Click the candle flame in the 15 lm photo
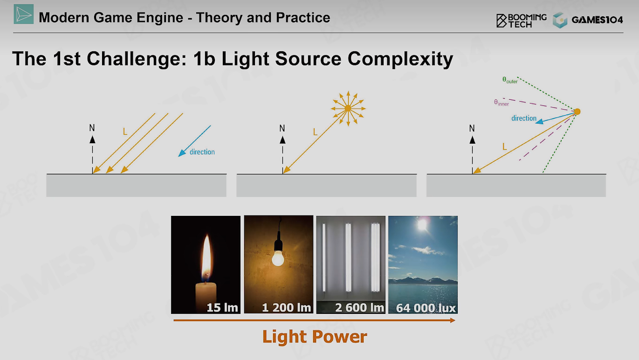pyautogui.click(x=206, y=257)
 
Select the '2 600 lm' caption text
pyautogui.click(x=359, y=308)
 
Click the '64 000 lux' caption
pyautogui.click(x=426, y=308)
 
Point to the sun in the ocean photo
pyautogui.click(x=422, y=224)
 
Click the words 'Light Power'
pyautogui.click(x=315, y=337)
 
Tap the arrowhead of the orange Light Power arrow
pyautogui.click(x=453, y=320)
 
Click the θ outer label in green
pyautogui.click(x=510, y=80)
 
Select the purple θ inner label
pyautogui.click(x=501, y=103)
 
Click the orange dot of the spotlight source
pyautogui.click(x=577, y=111)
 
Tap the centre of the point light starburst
pyautogui.click(x=348, y=108)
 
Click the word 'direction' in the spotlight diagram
pyautogui.click(x=524, y=118)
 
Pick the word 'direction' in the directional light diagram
pyautogui.click(x=202, y=152)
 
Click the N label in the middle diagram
pyautogui.click(x=282, y=128)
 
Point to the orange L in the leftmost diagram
pyautogui.click(x=125, y=132)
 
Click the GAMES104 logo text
pyautogui.click(x=597, y=20)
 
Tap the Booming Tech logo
pyautogui.click(x=521, y=21)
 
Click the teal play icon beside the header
pyautogui.click(x=24, y=14)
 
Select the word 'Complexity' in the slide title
pyautogui.click(x=400, y=59)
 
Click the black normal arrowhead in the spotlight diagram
pyautogui.click(x=473, y=140)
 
